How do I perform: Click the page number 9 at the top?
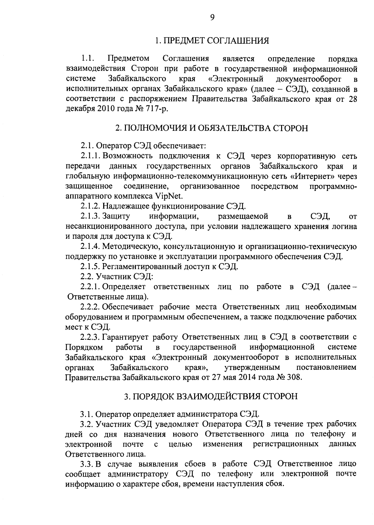(212, 17)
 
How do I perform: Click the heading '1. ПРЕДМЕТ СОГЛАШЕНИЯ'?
(212, 41)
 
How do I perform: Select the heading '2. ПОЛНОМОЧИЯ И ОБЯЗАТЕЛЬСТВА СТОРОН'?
(212, 128)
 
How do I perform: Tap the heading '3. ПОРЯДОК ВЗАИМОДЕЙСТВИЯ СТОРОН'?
(211, 396)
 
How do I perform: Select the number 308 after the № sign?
(295, 377)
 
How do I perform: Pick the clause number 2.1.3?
(90, 216)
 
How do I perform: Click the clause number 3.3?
(87, 464)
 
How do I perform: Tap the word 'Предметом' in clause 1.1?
(128, 59)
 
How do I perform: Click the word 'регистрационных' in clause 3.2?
(286, 444)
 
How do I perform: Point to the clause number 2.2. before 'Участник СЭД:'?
(87, 277)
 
